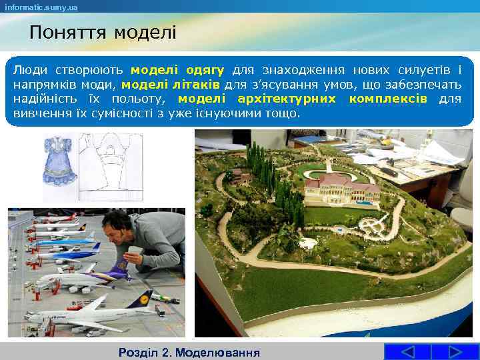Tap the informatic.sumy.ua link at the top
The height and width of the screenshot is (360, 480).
[41, 7]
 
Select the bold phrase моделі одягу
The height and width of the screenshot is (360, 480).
[177, 69]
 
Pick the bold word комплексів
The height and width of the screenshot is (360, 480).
[388, 99]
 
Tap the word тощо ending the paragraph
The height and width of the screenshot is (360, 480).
[286, 113]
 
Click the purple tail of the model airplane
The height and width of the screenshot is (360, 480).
[123, 269]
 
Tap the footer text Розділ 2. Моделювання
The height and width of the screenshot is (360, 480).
[188, 352]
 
